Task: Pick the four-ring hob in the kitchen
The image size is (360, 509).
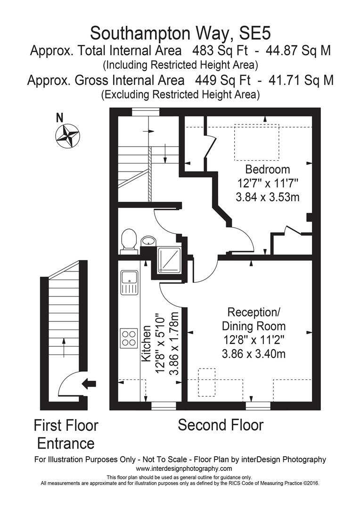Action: click(129, 337)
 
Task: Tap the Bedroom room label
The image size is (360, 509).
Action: click(268, 169)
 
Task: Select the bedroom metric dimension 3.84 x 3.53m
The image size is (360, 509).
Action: click(268, 197)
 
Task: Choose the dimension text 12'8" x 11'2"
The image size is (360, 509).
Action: click(254, 340)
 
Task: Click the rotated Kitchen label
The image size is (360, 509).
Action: click(147, 343)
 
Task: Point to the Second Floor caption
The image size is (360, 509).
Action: click(221, 425)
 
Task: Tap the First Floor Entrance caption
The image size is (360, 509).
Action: click(66, 434)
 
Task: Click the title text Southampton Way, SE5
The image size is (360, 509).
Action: click(180, 33)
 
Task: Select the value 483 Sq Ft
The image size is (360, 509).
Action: click(216, 50)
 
